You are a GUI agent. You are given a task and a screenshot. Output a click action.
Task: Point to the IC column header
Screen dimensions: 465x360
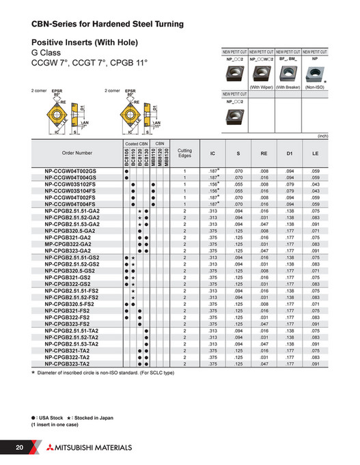212,153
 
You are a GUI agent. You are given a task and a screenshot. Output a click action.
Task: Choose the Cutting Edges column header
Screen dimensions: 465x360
184,153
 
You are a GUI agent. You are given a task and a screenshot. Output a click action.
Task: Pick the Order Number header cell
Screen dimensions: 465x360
77,153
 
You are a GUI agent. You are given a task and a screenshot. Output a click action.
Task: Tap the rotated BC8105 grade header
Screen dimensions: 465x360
126,156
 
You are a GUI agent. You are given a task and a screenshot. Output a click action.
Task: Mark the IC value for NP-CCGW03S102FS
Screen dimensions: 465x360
212,185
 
